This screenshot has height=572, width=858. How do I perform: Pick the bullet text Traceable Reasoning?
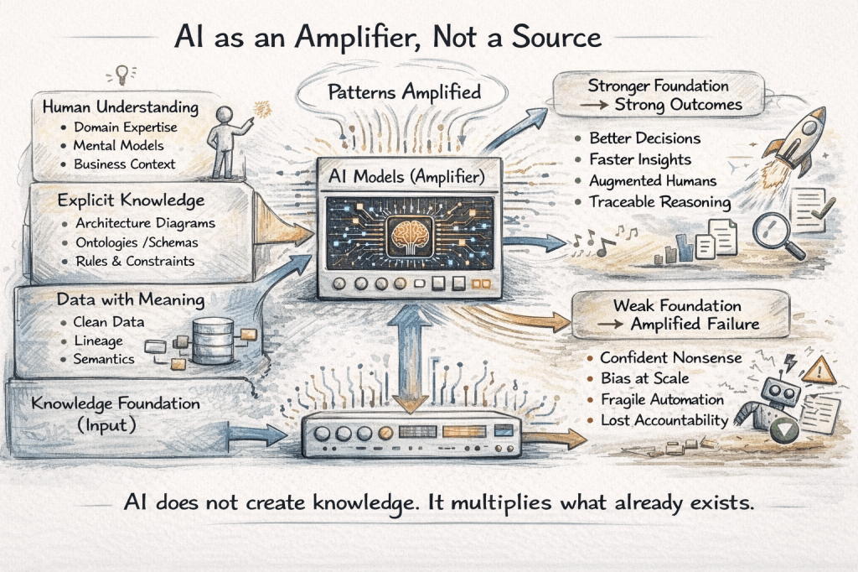(659, 202)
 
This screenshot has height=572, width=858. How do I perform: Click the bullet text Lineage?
(99, 341)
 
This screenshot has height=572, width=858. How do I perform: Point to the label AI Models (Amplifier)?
(410, 179)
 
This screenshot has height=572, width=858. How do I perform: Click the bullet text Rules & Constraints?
(135, 261)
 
